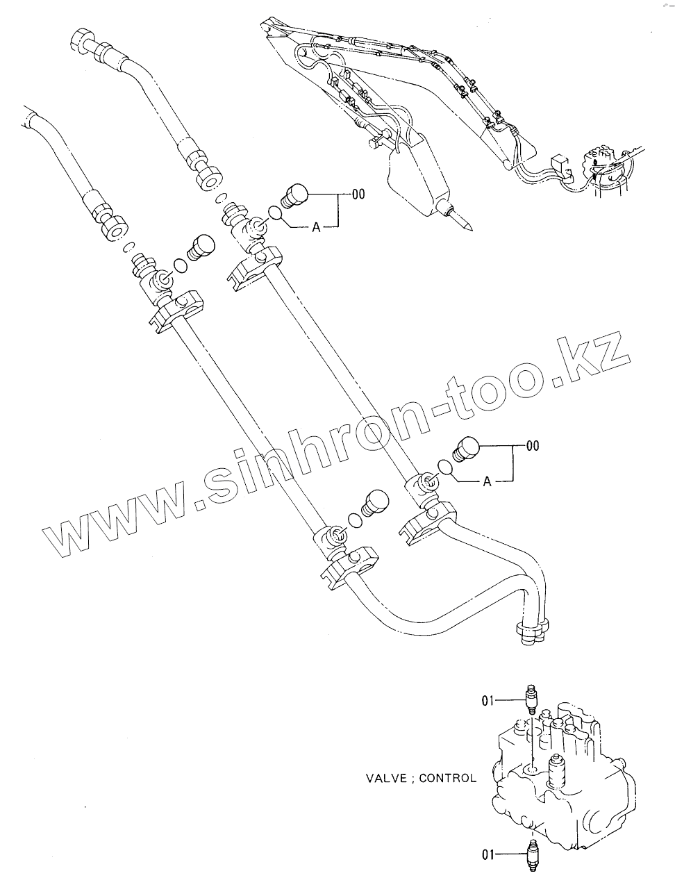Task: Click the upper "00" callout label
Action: click(358, 195)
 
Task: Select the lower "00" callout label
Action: click(532, 446)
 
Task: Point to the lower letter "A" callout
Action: click(487, 481)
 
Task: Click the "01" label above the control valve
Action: click(489, 702)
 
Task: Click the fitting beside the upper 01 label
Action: click(532, 699)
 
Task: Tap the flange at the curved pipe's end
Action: click(529, 631)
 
